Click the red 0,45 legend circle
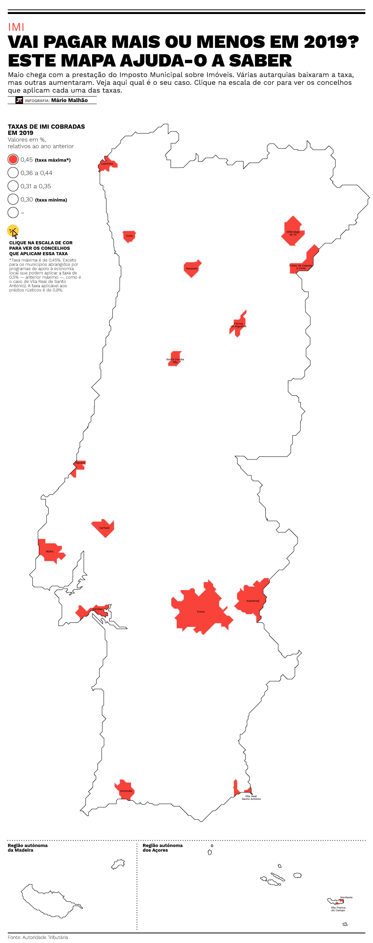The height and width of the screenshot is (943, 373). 13,160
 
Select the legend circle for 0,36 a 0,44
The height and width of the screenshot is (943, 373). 13,173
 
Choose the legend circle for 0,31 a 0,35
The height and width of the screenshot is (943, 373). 13,186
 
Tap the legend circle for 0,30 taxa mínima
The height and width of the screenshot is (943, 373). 13,199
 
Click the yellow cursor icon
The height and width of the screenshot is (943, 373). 13,231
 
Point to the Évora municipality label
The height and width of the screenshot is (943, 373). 200,612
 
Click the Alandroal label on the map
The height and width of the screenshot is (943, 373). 253,601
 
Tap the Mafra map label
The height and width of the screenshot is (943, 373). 50,552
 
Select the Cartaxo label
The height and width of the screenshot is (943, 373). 105,528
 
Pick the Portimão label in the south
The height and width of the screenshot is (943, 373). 126,791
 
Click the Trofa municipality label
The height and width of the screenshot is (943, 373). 129,236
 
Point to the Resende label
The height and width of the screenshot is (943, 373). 192,269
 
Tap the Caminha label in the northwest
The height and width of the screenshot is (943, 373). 107,164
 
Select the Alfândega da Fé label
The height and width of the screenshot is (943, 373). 293,233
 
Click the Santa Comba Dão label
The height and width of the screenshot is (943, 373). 175,361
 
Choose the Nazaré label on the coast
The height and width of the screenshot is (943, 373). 80,463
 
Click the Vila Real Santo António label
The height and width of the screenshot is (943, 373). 251,798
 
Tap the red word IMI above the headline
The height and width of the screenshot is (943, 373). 16,27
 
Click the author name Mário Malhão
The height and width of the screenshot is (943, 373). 70,100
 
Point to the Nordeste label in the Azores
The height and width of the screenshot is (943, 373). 346,897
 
